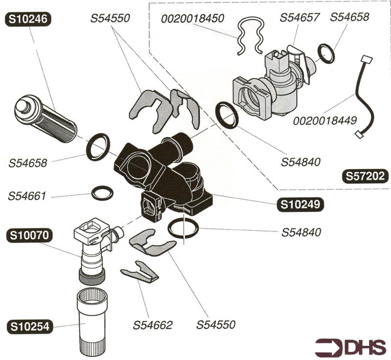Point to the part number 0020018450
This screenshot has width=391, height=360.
[193, 19]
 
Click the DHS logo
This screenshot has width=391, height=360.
[350, 347]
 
